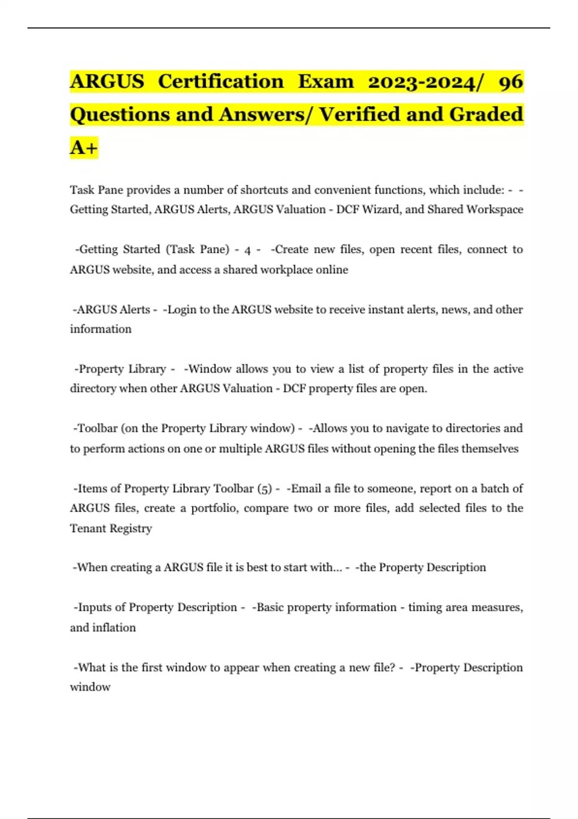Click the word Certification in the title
click(221, 81)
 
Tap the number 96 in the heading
click(511, 81)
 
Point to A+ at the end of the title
click(84, 147)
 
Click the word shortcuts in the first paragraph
click(263, 190)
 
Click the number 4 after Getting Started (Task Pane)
click(248, 250)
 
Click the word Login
click(181, 309)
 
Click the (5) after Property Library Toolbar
click(265, 489)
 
